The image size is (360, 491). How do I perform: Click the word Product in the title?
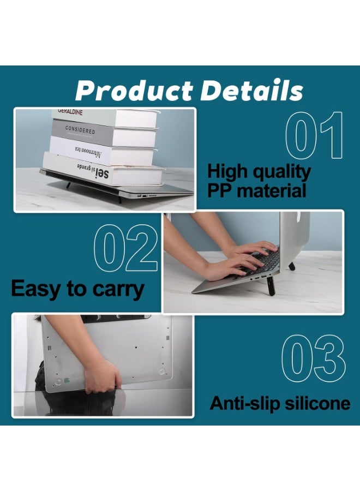[x=134, y=91]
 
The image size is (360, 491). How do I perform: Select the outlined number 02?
[x=126, y=249]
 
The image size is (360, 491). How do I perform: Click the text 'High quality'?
[x=259, y=171]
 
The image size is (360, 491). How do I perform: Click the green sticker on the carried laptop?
[x=67, y=381]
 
